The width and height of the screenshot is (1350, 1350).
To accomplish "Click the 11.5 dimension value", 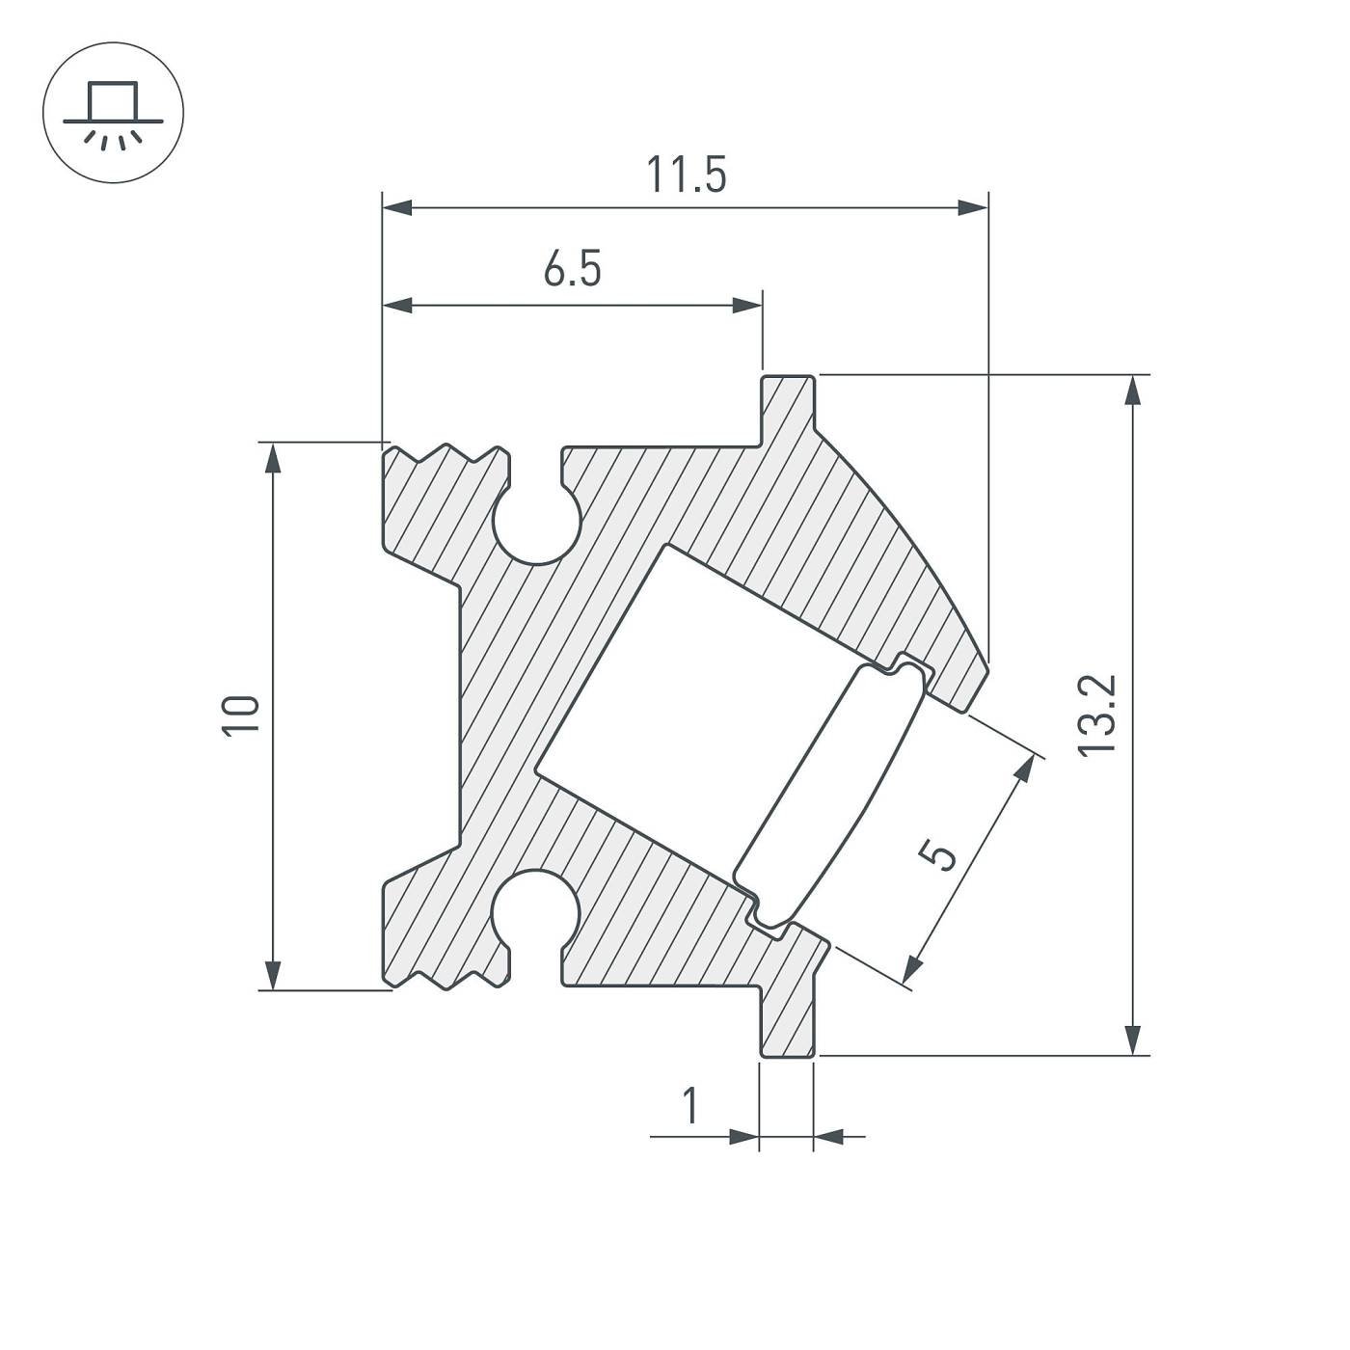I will (686, 175).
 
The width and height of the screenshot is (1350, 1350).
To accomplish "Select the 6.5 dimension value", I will (572, 269).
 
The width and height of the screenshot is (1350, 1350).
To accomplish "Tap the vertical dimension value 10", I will (241, 715).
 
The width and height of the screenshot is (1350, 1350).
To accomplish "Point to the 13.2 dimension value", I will (1097, 715).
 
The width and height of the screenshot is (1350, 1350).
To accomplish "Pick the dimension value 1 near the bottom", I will (689, 1106).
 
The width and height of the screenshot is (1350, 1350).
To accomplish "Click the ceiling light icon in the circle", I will (113, 113).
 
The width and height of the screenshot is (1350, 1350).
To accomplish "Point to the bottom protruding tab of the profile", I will (788, 1022).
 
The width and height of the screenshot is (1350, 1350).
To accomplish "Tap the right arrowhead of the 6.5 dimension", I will (747, 306).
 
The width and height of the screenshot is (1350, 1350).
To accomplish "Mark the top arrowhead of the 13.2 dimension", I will (1135, 390).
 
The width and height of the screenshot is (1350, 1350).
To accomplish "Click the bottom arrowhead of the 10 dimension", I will (274, 974).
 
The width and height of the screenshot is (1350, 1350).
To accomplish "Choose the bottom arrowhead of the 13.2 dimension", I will (1135, 1039).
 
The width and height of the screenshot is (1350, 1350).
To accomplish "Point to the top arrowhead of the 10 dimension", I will (274, 458).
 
